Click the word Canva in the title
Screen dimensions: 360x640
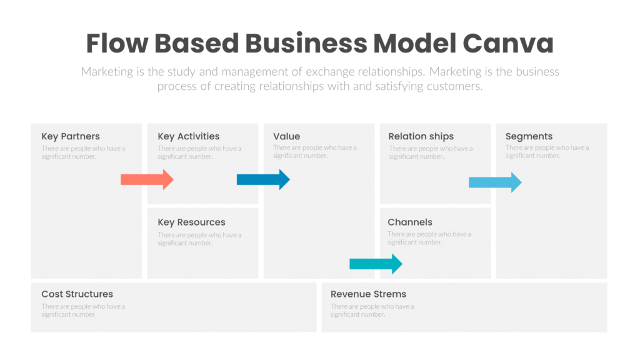(x=508, y=44)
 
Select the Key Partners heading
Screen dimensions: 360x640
(x=71, y=136)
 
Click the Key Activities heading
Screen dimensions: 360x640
(x=189, y=136)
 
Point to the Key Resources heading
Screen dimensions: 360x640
(x=191, y=222)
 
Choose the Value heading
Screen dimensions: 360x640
(x=286, y=136)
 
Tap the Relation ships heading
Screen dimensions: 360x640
(x=421, y=136)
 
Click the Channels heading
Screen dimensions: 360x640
(x=409, y=222)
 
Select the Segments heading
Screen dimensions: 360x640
(x=529, y=136)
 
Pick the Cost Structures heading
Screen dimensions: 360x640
(x=77, y=294)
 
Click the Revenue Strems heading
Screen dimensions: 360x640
(x=368, y=294)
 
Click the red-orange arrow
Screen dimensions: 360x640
(x=147, y=180)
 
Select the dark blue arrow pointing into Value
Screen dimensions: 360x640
(x=263, y=180)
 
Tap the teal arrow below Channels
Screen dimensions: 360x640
(x=376, y=264)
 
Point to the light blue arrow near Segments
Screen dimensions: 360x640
(x=495, y=182)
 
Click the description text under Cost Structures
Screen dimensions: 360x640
(x=83, y=311)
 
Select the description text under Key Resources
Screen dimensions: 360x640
(x=199, y=239)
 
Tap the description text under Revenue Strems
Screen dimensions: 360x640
(x=372, y=311)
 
